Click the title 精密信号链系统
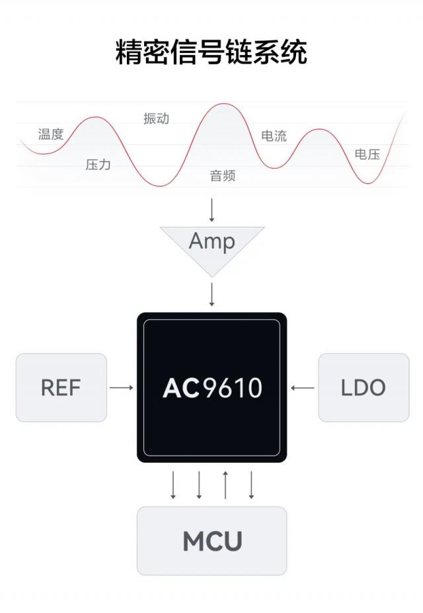211,52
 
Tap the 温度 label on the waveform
51,135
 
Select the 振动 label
157,119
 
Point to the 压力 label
98,165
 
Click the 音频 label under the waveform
223,176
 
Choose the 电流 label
274,136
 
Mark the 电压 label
367,155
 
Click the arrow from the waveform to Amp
212,209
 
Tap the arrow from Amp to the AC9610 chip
212,294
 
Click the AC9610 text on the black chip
212,388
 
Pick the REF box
61,388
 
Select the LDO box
363,388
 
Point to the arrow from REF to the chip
122,388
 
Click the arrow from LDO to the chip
303,388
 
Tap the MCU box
212,541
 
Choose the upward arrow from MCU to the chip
225,485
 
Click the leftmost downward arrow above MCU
173,485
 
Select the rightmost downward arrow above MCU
251,485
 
